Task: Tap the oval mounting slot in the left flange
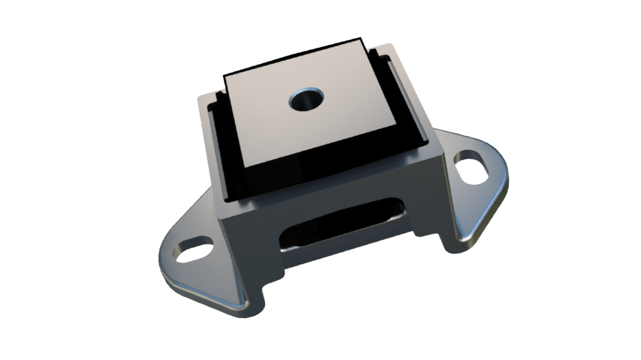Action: click(192, 250)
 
